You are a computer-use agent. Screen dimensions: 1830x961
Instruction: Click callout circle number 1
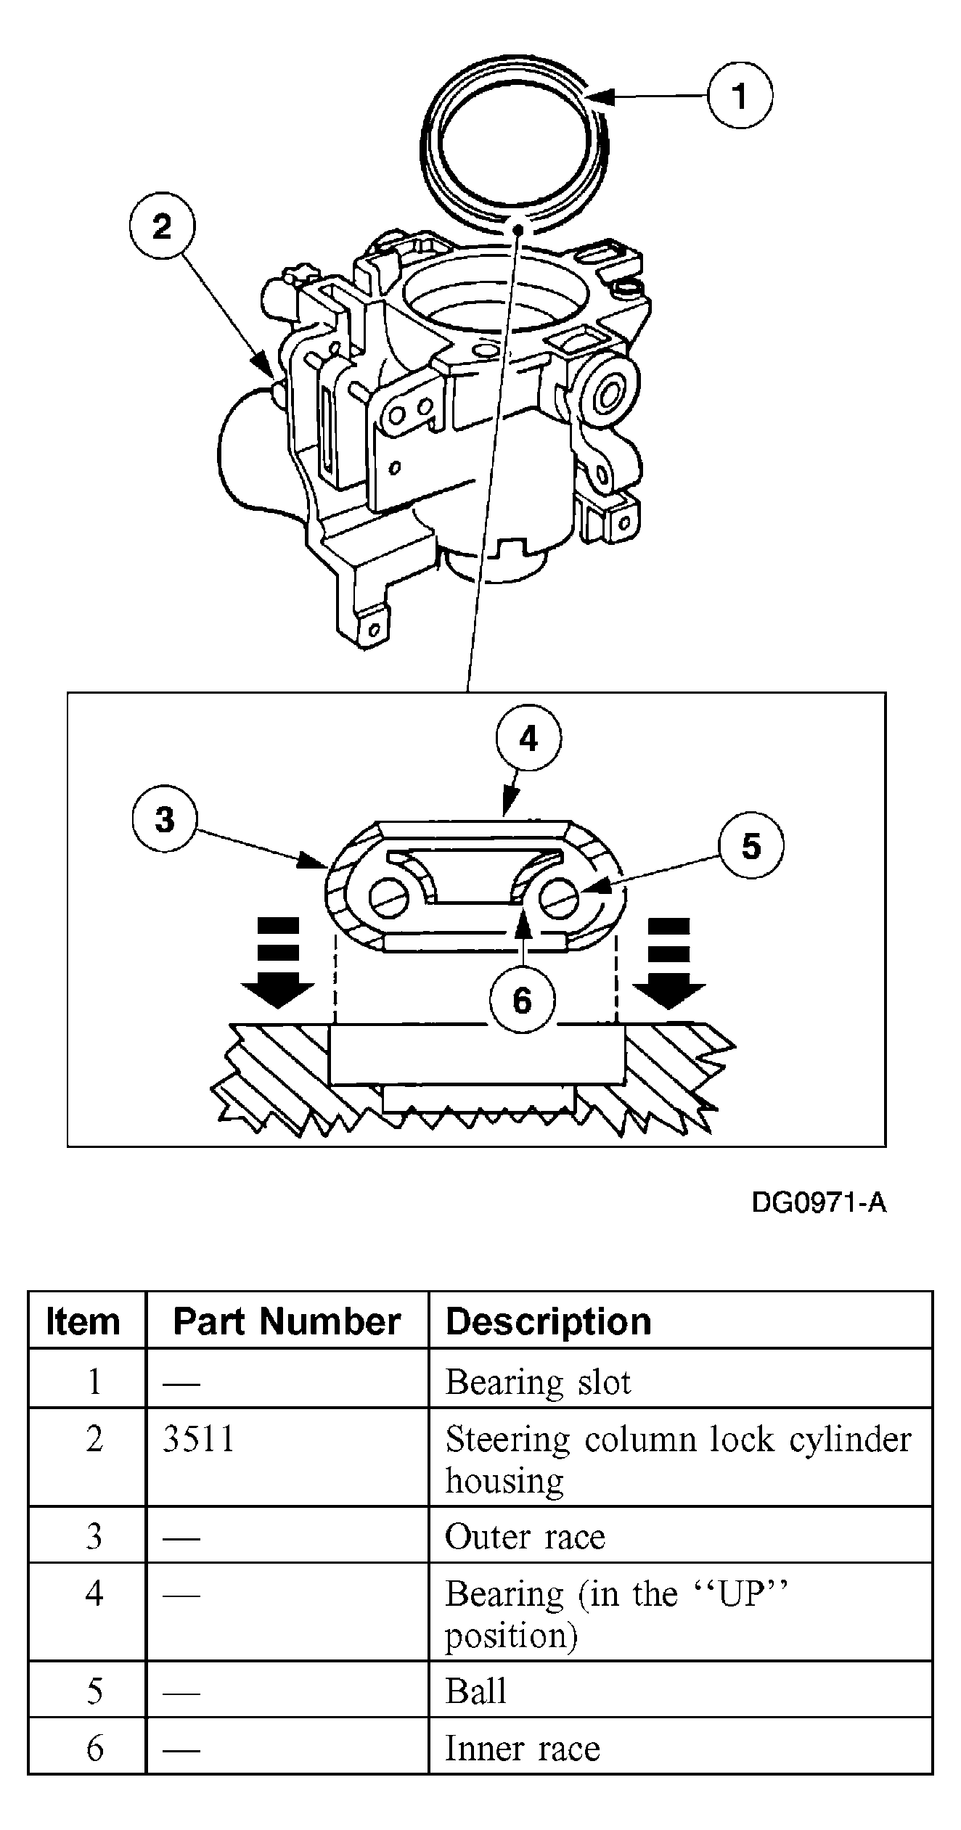tap(740, 96)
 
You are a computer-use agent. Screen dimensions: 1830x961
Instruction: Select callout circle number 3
tap(165, 820)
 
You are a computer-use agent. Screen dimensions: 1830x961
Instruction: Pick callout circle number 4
tap(528, 739)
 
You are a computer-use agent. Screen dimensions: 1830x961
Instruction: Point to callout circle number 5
tap(751, 846)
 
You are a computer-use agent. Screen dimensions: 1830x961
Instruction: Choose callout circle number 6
tap(522, 1001)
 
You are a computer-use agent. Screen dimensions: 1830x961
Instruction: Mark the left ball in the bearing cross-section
tap(390, 899)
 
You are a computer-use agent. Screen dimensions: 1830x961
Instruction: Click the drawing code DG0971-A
tap(819, 1203)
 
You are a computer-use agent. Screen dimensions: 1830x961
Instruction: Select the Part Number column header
tap(287, 1321)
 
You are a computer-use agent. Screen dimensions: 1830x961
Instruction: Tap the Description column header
tap(548, 1321)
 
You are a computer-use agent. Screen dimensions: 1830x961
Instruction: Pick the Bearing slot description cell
tap(538, 1382)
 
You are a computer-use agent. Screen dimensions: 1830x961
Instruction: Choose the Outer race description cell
tap(525, 1536)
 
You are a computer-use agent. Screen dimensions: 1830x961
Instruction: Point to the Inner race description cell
tap(523, 1748)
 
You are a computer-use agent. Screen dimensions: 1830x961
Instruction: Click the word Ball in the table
tap(475, 1691)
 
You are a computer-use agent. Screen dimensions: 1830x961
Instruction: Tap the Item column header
tap(83, 1321)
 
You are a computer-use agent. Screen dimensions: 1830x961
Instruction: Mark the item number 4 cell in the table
tap(94, 1594)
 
